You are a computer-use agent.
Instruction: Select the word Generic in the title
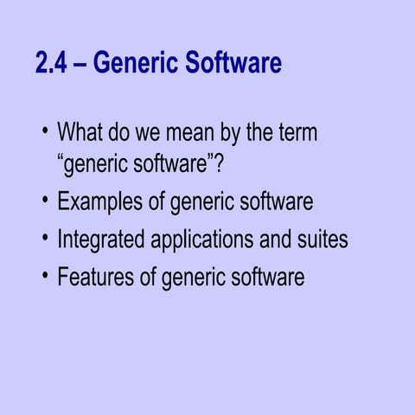coord(134,63)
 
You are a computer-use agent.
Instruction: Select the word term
coord(294,133)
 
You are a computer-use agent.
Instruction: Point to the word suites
coord(322,239)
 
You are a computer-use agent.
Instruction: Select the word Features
coord(97,278)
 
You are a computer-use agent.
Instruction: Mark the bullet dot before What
coord(44,133)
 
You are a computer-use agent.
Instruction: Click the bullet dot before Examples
coord(44,202)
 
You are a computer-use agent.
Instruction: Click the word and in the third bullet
coord(275,239)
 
